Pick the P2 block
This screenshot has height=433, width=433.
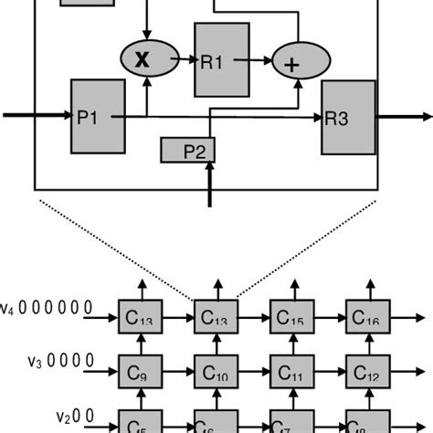pos(187,150)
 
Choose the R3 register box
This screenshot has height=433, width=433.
pos(348,117)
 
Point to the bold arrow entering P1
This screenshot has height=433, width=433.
pos(37,116)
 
